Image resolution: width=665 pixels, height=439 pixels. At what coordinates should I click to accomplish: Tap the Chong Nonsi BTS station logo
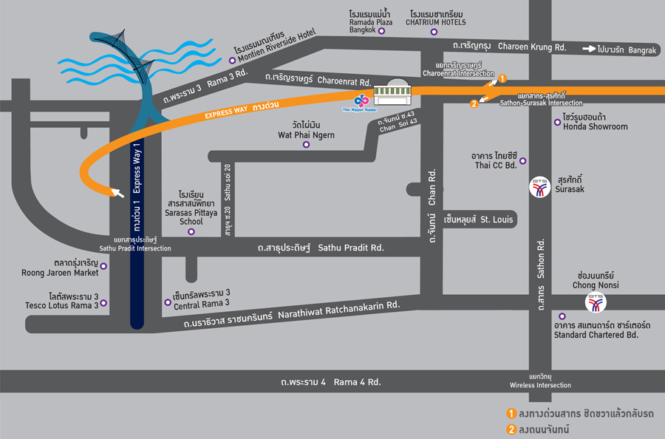coord(596,302)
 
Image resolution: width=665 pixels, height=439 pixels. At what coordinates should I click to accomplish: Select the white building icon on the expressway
coord(392,92)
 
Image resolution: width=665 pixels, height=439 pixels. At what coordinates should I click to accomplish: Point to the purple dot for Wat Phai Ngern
coord(306,145)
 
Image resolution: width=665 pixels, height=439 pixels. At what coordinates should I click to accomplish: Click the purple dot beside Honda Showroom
coord(557,122)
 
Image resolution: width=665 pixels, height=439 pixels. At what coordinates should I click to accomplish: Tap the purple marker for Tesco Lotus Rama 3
coord(104,302)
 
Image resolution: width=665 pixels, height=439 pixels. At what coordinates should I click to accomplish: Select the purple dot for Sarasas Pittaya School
coord(191,231)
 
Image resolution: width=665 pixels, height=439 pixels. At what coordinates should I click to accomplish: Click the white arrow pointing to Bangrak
coord(590,49)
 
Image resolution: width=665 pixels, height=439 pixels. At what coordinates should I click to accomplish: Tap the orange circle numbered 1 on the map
coord(502,78)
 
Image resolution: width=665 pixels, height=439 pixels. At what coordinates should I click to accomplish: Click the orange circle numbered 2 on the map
coord(474,103)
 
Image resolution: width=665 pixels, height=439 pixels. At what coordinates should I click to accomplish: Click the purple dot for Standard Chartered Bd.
coord(562,316)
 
